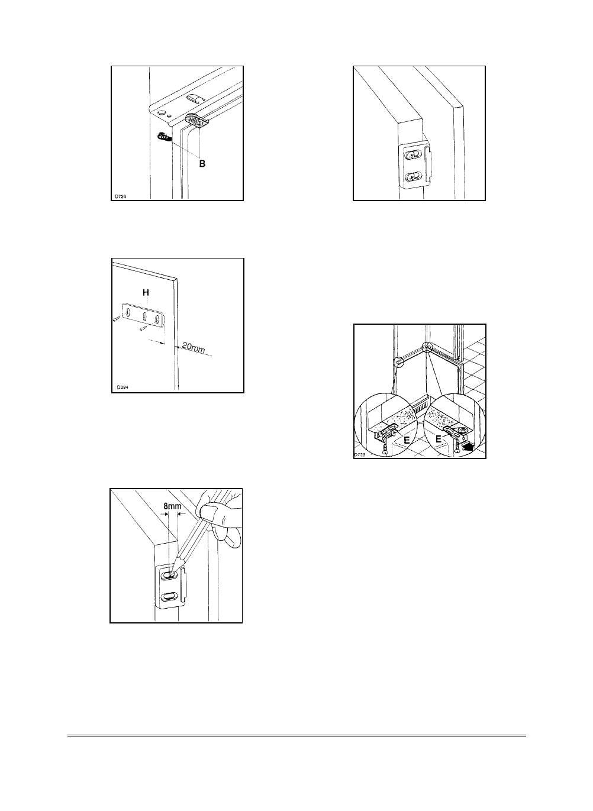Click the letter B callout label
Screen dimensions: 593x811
pyautogui.click(x=202, y=164)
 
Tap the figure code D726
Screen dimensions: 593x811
pyautogui.click(x=121, y=196)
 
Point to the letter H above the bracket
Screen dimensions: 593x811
pyautogui.click(x=146, y=292)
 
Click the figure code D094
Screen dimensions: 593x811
pyautogui.click(x=123, y=387)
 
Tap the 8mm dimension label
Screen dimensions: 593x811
pyautogui.click(x=172, y=506)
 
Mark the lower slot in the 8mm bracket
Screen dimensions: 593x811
pyautogui.click(x=169, y=596)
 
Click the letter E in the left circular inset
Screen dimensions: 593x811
pyautogui.click(x=407, y=440)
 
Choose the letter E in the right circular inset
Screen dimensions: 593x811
pyautogui.click(x=439, y=439)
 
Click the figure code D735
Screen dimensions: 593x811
pyautogui.click(x=359, y=455)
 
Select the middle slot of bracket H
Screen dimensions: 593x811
pyautogui.click(x=144, y=317)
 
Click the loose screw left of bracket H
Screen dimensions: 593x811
pyautogui.click(x=115, y=319)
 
